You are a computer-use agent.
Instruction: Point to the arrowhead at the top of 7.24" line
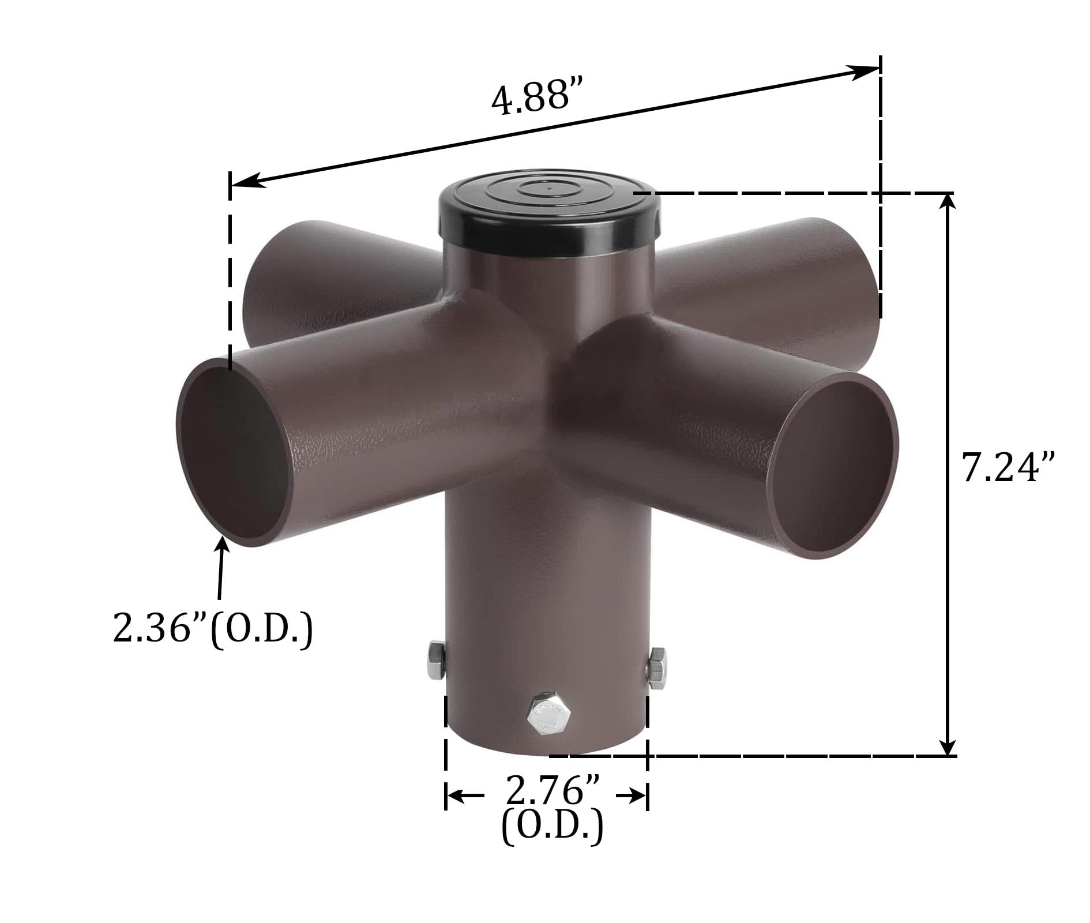point(947,202)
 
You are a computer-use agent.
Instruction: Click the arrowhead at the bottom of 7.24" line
point(947,746)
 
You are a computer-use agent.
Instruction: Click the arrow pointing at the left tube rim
point(222,548)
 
